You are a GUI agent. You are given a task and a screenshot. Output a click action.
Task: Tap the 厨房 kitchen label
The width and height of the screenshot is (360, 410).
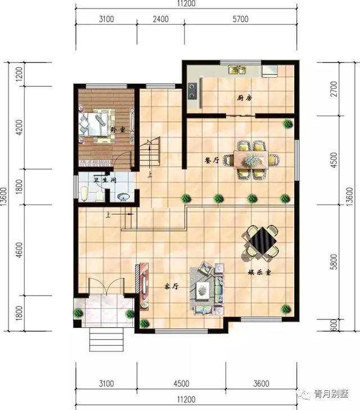244,98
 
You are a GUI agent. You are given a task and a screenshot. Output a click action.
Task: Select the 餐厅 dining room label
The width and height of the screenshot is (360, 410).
211,160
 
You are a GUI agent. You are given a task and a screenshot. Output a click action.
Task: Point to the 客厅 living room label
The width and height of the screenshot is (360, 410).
171,286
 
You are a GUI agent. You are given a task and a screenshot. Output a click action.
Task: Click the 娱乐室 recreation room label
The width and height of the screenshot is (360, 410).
260,273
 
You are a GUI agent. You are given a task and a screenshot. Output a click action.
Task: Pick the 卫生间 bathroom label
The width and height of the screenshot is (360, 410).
104,180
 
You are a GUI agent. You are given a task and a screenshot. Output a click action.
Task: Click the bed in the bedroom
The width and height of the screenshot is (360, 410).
94,124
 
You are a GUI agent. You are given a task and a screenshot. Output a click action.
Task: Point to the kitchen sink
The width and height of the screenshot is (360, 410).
237,70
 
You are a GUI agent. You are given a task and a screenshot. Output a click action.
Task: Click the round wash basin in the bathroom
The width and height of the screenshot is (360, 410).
123,197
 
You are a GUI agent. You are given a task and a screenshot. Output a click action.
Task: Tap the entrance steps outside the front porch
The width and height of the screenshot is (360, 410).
106,338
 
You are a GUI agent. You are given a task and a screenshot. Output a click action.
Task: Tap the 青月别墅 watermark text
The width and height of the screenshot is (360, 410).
332,394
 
